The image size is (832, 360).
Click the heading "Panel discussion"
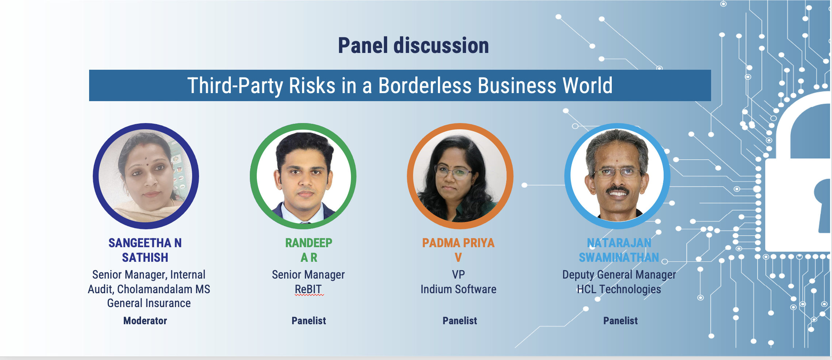click(x=413, y=46)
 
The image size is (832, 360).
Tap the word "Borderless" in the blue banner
click(x=425, y=86)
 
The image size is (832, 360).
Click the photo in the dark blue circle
click(x=146, y=176)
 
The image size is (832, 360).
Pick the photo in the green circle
click(x=303, y=176)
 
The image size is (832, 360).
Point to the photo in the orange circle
click(x=460, y=176)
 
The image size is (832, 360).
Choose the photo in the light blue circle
click(x=617, y=176)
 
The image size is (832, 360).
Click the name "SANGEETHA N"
click(x=145, y=243)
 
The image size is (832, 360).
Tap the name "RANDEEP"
click(x=309, y=243)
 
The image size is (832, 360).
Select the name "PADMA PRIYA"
click(x=458, y=243)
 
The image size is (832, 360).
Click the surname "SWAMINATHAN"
click(x=619, y=258)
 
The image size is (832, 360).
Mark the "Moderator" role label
click(x=145, y=321)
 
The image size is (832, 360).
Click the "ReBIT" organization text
click(x=308, y=289)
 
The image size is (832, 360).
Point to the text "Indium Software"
click(x=458, y=289)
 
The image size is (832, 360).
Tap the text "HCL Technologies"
click(x=619, y=290)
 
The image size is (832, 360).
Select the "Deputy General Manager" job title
click(x=619, y=275)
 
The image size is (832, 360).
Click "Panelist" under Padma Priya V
click(x=460, y=321)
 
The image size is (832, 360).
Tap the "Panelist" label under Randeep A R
click(x=309, y=321)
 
